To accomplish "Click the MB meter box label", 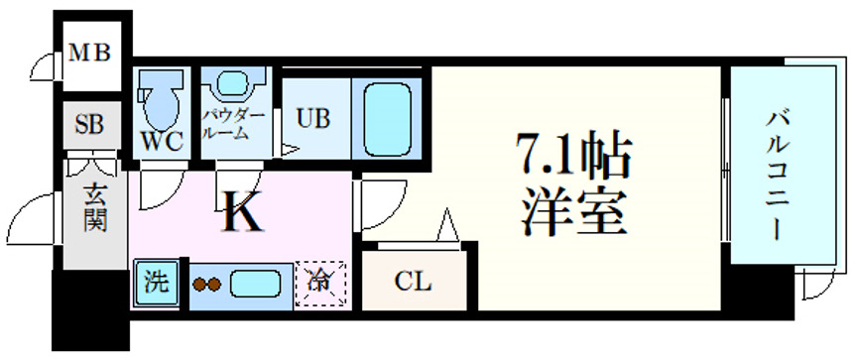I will pos(89,53).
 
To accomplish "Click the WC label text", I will pos(162,142).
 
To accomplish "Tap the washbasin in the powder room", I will pos(235,83).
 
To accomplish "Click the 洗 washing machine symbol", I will pos(155,281).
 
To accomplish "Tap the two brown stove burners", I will pos(206,285).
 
